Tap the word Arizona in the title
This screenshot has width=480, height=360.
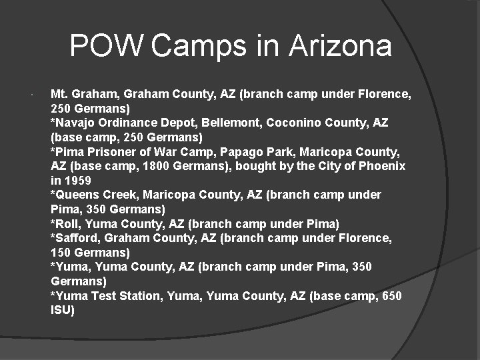pos(340,46)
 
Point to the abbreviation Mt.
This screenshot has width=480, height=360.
pos(59,94)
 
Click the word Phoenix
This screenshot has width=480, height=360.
pos(382,166)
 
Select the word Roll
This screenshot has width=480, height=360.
pos(67,223)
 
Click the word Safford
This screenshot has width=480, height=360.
pos(74,238)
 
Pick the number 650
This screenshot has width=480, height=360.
pos(391,295)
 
